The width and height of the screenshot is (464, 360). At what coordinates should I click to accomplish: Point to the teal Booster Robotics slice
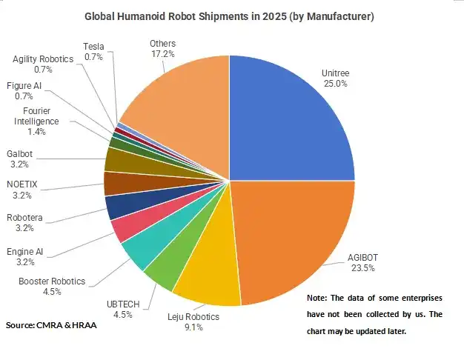coord(148,242)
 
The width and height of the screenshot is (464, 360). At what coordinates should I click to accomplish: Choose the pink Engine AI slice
coord(130,225)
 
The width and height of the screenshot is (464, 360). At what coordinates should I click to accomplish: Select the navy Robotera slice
coord(125,204)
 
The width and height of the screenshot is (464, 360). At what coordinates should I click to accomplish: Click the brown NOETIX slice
coord(122,184)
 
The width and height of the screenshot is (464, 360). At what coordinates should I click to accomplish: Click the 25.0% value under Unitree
coord(335,84)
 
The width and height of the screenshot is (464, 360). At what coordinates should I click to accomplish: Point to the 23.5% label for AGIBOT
coord(362,268)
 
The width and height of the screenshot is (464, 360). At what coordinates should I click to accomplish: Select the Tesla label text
coord(93,47)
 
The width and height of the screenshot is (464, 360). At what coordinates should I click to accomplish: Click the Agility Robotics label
coord(43,59)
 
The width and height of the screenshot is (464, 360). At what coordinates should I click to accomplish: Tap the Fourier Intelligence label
coord(36,116)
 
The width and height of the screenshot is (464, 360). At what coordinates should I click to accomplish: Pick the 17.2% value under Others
coord(163,54)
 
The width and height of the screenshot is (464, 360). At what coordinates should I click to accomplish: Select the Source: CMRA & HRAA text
coord(51,325)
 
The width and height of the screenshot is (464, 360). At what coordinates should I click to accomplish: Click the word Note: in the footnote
coord(317,298)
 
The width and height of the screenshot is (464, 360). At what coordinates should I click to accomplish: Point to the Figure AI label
coord(24,86)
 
